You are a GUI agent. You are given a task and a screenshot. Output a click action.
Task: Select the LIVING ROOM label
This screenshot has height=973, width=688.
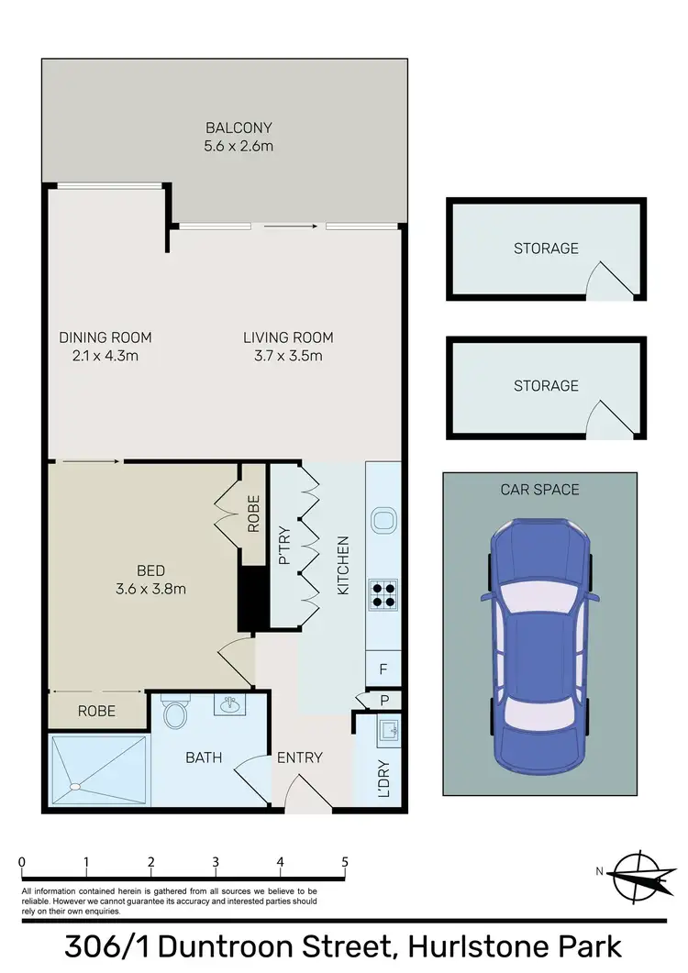[288, 337]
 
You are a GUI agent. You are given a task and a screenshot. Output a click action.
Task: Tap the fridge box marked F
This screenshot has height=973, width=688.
[383, 669]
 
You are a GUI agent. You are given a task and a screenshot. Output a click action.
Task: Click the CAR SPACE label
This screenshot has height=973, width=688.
[539, 490]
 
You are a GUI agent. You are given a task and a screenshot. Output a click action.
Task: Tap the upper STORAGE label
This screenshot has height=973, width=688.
[546, 249]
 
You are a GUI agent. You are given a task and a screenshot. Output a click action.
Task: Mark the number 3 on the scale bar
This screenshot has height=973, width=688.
[215, 862]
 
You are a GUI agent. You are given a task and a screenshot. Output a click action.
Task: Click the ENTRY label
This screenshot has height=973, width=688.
[299, 757]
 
